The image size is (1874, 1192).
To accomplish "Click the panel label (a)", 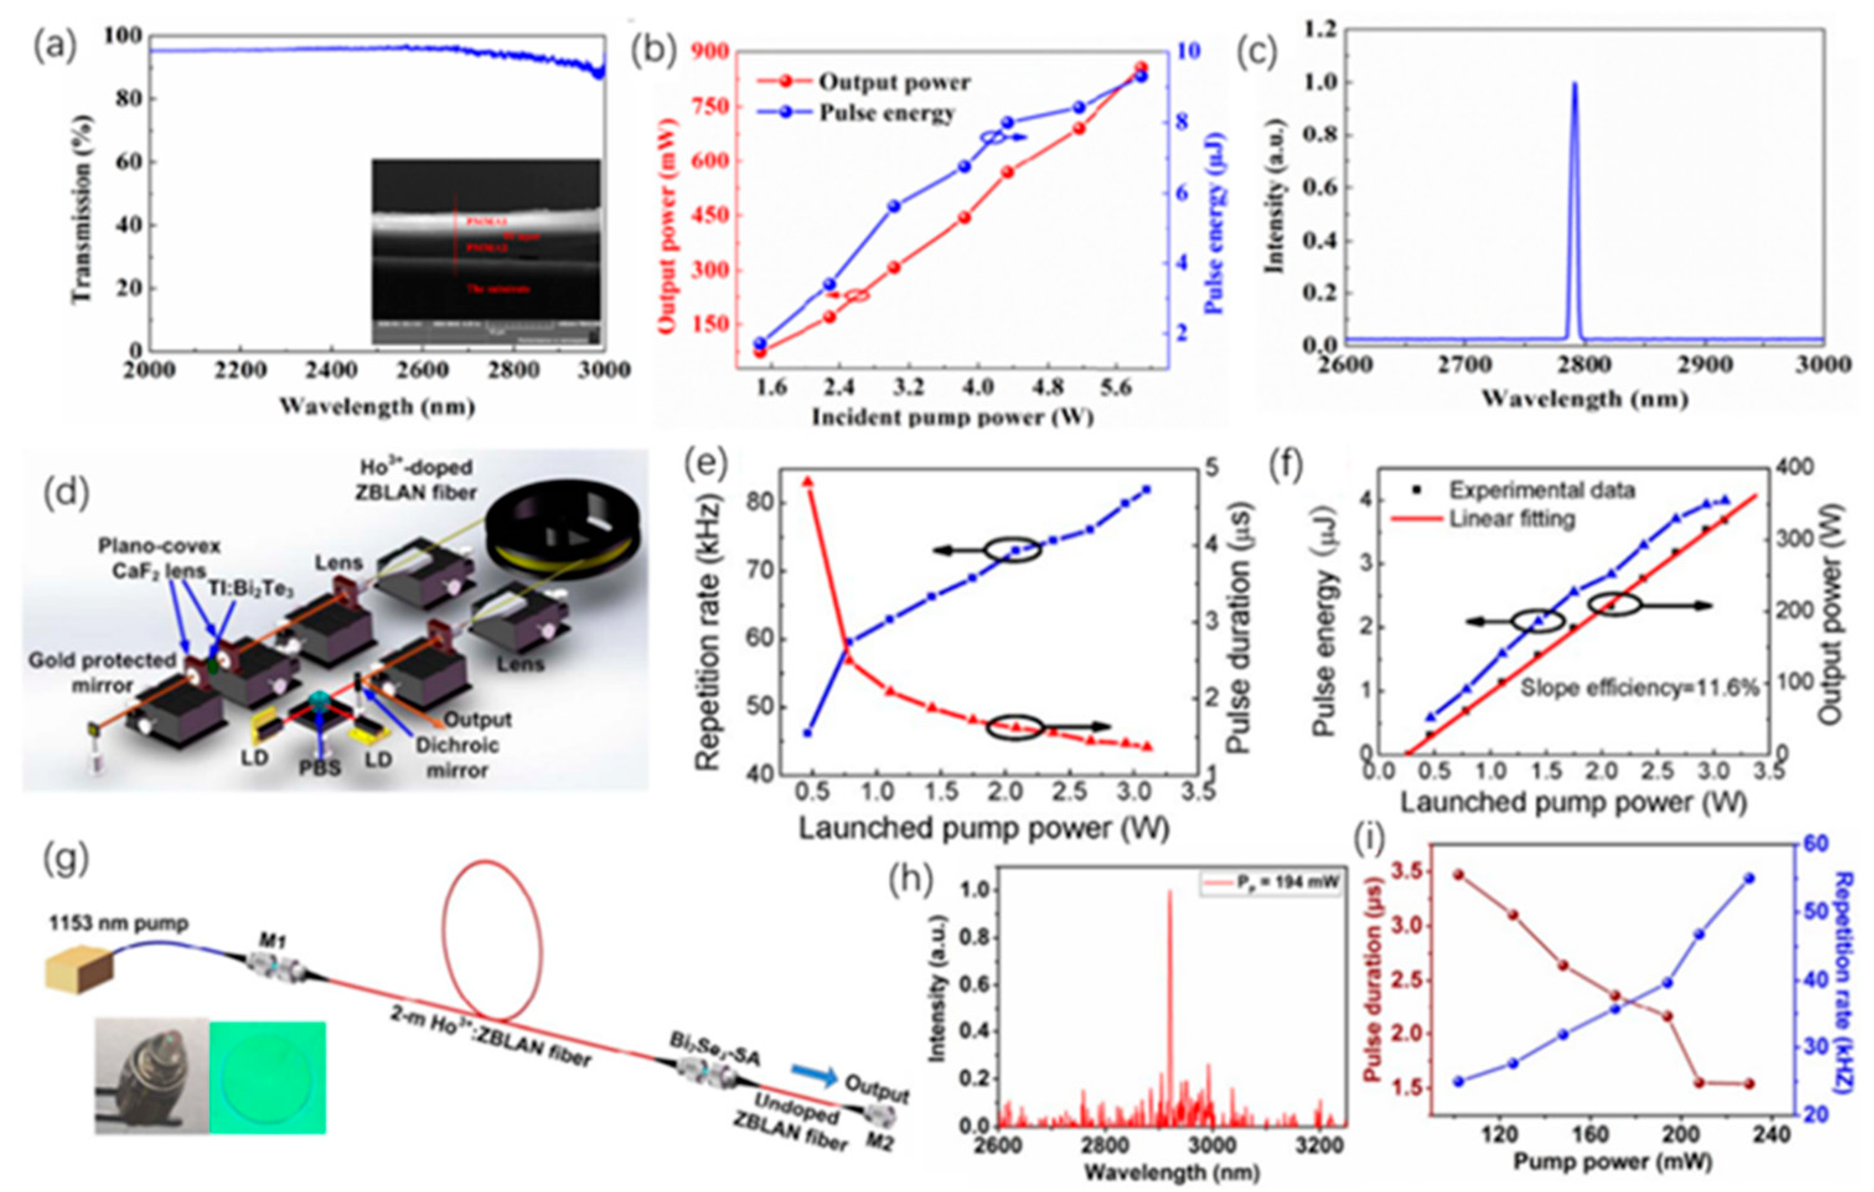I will point(54,48).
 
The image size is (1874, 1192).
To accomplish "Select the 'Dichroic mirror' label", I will point(457,757).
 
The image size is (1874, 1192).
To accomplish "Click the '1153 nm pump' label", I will point(118,923).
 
